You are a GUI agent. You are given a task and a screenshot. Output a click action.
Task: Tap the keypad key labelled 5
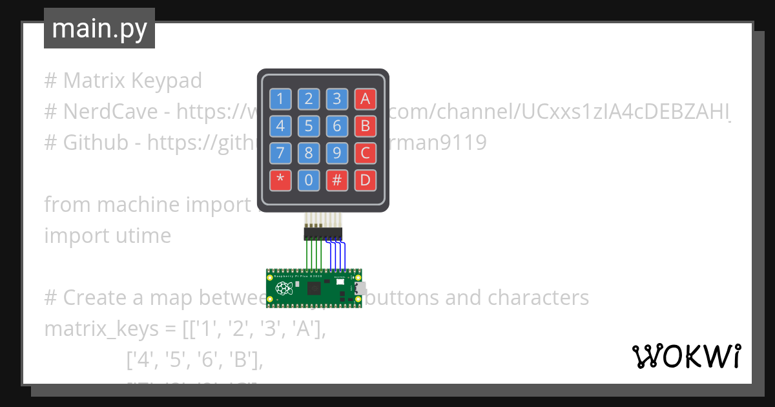[309, 125]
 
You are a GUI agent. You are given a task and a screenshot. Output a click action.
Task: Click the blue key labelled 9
[337, 153]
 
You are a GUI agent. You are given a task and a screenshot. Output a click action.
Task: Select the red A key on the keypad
[365, 99]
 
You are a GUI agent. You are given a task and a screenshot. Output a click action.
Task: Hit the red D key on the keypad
[365, 180]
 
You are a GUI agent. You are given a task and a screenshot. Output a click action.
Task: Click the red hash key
[337, 180]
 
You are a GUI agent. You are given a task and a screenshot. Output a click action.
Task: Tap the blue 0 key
[309, 180]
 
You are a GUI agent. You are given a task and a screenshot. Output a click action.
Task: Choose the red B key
[365, 125]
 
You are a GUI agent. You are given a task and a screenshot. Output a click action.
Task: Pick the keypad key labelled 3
[337, 99]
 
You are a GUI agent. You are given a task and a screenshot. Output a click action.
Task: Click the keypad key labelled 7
[280, 153]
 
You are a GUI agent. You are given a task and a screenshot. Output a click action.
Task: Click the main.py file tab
[99, 28]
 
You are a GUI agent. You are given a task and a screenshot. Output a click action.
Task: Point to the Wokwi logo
[687, 356]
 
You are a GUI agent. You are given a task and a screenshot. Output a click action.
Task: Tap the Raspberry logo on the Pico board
[282, 289]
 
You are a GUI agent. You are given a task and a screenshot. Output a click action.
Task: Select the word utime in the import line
[140, 236]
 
